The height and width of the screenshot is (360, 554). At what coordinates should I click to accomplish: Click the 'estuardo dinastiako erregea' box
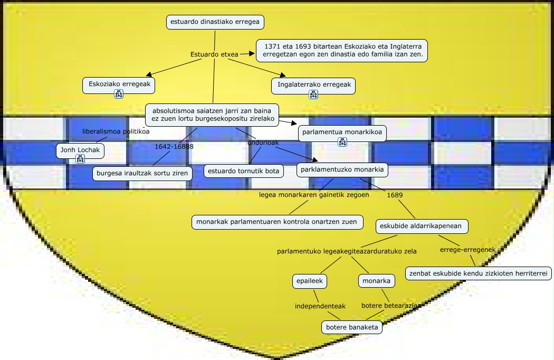coord(215,22)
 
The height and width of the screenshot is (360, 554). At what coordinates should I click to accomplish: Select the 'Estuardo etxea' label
coord(214,54)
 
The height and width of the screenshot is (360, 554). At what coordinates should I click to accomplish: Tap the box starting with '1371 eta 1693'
coord(342,51)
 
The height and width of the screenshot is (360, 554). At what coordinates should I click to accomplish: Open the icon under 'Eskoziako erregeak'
coord(119,94)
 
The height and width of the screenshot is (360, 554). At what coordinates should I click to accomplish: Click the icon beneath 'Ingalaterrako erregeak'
coord(313,94)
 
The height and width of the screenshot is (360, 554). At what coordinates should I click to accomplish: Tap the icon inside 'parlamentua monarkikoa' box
coord(342,141)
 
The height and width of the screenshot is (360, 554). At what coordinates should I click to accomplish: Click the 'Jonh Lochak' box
coord(80,149)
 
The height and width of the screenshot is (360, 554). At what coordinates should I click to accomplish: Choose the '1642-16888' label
coord(174,146)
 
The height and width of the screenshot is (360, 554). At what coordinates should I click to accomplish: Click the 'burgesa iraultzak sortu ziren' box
coord(142,173)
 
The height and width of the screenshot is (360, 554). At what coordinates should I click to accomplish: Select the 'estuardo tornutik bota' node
coord(244,171)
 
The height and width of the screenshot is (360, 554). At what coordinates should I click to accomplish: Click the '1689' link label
coord(395,195)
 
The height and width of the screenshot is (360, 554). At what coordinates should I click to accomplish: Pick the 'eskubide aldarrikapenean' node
coord(421,226)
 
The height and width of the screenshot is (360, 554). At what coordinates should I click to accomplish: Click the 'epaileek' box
coord(310,281)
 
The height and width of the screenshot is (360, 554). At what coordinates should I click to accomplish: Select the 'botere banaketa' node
coord(352,327)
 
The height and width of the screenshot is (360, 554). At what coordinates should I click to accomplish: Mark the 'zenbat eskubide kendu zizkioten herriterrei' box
coord(479,273)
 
